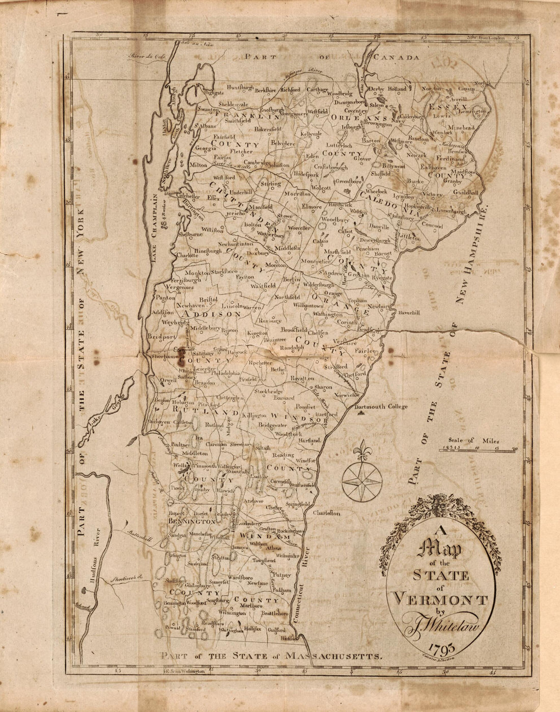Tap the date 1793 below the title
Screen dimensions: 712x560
click(x=440, y=649)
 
